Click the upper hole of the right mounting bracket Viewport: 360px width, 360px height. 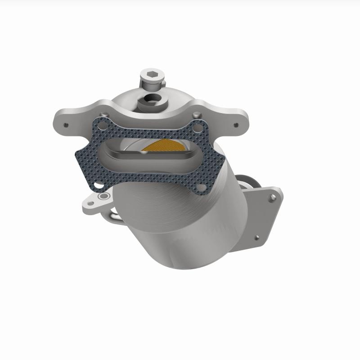click(270, 197)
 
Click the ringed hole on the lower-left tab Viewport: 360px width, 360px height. click(104, 197)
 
